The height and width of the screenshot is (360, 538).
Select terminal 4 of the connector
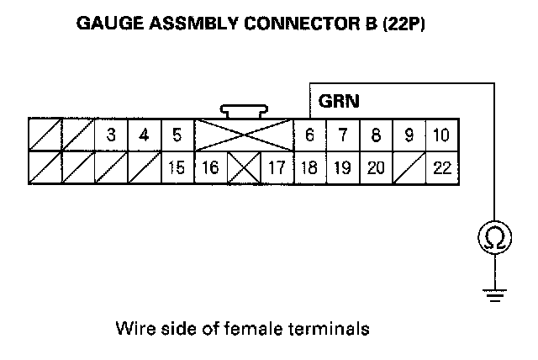coord(144,135)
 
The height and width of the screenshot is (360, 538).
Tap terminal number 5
coord(177,135)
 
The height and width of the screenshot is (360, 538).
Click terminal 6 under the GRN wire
coord(309,135)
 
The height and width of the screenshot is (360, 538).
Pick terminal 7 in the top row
coord(342,135)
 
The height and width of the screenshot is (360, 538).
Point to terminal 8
coord(376,135)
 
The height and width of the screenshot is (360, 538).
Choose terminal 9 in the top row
coord(409,135)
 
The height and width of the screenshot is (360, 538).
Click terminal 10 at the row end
coord(441,135)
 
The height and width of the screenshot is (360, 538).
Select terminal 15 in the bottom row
coord(177,167)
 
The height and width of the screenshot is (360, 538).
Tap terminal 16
coord(210,167)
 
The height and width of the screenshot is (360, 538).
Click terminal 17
coord(276,167)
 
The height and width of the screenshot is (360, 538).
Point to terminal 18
coord(309,167)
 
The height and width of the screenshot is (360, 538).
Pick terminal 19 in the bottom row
coord(342,167)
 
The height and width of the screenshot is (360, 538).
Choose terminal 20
coord(376,167)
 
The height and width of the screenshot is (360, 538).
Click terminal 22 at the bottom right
coord(441,167)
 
